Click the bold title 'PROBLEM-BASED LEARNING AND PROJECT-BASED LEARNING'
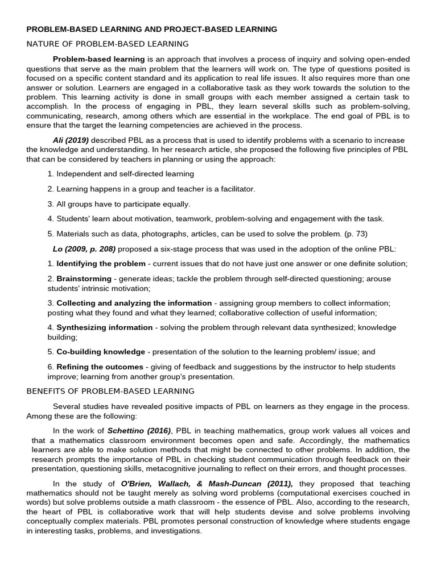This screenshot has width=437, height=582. [152, 29]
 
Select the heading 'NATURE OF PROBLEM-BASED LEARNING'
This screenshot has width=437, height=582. [108, 44]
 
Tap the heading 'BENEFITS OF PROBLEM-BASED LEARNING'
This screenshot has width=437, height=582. [110, 391]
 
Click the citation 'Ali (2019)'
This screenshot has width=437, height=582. [71, 140]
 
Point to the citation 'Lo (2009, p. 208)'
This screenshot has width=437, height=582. [84, 248]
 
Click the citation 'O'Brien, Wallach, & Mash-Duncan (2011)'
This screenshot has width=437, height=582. [200, 484]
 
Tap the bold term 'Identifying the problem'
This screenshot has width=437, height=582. [101, 264]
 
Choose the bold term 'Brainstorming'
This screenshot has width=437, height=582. [84, 279]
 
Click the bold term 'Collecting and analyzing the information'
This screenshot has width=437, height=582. [134, 303]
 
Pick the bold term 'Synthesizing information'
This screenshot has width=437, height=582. [105, 327]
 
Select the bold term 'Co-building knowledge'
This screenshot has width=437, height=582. [101, 352]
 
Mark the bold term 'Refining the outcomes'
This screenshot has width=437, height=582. [100, 367]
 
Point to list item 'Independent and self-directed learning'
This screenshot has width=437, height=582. [125, 174]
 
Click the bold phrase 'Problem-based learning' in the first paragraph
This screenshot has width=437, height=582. [99, 59]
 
